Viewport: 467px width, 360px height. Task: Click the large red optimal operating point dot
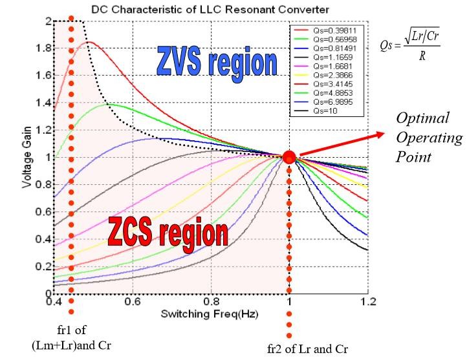click(x=289, y=157)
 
